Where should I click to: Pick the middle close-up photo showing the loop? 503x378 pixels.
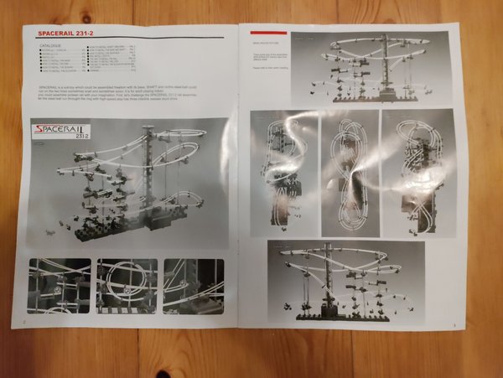pos(127,285)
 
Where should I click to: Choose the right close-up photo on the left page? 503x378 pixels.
pos(194,285)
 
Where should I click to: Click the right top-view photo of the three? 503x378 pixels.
pos(417,172)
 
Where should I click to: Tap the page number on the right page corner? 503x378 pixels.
pos(453,326)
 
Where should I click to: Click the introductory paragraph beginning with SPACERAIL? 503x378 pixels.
pos(126,93)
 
